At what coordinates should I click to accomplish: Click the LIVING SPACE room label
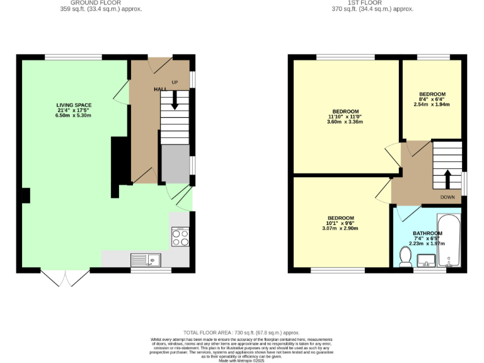74,105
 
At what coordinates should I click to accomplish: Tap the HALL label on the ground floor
160,89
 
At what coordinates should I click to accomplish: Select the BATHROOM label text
427,233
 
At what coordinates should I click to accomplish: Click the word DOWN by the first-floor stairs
447,197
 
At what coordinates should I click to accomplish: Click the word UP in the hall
175,83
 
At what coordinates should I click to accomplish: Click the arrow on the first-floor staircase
447,178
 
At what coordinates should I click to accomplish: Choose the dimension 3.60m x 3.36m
345,122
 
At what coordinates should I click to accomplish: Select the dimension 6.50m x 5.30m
74,116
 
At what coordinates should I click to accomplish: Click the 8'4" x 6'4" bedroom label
432,99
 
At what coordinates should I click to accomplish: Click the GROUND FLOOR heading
101,3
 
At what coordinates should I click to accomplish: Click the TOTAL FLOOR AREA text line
241,332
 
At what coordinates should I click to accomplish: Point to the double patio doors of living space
66,278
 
